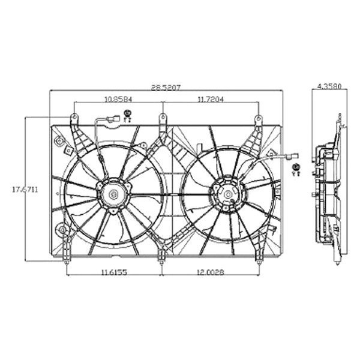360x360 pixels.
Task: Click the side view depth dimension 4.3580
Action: (329, 87)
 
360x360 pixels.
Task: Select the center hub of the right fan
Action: (228, 193)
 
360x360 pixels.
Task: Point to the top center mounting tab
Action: (162, 118)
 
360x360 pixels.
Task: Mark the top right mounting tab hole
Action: (258, 119)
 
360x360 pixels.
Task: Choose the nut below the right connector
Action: (296, 170)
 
